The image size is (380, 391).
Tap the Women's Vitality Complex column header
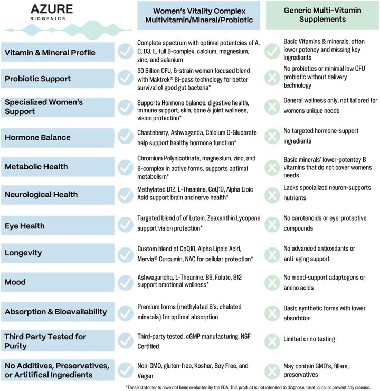(198, 15)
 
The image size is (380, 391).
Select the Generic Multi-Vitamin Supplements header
(322, 15)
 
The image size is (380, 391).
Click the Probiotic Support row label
(38, 79)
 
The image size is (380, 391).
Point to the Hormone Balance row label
(37, 137)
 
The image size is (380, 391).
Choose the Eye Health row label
(25, 226)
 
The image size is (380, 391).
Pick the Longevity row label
(23, 253)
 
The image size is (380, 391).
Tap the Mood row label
(15, 282)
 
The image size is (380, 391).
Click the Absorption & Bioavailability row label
(56, 312)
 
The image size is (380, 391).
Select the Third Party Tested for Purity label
(45, 341)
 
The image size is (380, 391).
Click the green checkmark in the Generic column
(272, 51)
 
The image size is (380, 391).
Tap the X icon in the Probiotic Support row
(272, 78)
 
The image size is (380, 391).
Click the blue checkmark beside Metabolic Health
(125, 167)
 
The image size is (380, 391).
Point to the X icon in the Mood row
(272, 282)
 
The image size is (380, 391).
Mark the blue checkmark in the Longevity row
(125, 253)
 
